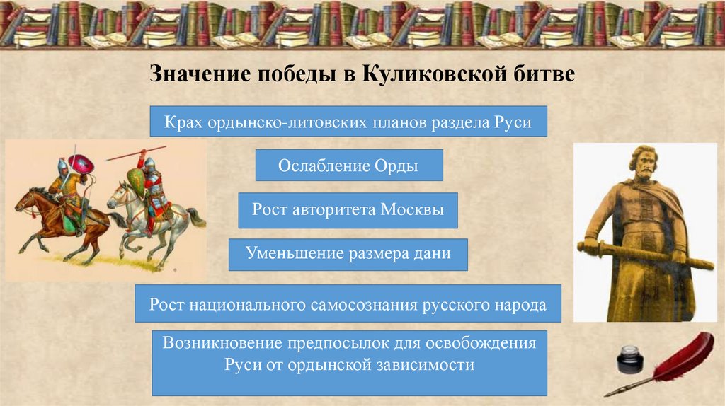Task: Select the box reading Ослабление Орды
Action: coord(348,166)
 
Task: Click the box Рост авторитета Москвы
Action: coord(348,210)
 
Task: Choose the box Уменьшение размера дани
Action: coord(348,254)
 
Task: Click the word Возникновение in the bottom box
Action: coord(222,344)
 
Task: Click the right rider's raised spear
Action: coord(135,152)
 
